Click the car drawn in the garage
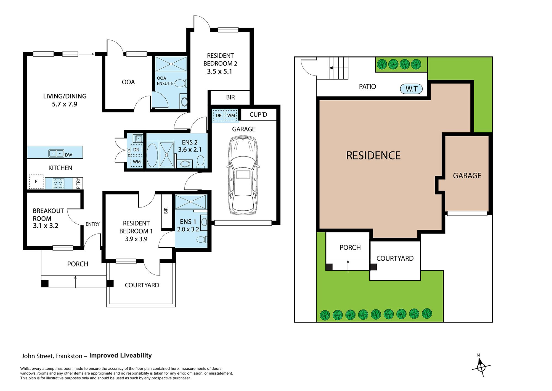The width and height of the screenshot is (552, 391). (x=243, y=175)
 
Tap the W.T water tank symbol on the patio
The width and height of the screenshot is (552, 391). (x=411, y=89)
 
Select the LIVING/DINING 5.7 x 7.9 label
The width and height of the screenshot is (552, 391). (x=65, y=100)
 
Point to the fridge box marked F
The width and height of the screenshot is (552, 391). (x=36, y=182)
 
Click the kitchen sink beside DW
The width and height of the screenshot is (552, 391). (x=56, y=153)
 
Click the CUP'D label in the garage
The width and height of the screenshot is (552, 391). (x=258, y=115)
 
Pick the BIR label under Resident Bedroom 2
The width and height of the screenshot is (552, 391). (x=230, y=97)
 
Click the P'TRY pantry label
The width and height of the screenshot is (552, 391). (x=78, y=183)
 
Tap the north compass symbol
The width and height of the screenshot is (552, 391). (x=481, y=366)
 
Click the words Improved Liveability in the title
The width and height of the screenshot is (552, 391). (x=120, y=356)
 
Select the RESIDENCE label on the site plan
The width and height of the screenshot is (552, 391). (x=373, y=156)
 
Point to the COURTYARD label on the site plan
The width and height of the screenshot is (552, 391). (x=395, y=258)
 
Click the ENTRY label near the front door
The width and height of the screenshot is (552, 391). (x=92, y=224)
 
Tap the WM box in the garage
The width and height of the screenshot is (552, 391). (x=231, y=116)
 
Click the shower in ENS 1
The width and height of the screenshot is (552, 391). (x=190, y=202)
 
